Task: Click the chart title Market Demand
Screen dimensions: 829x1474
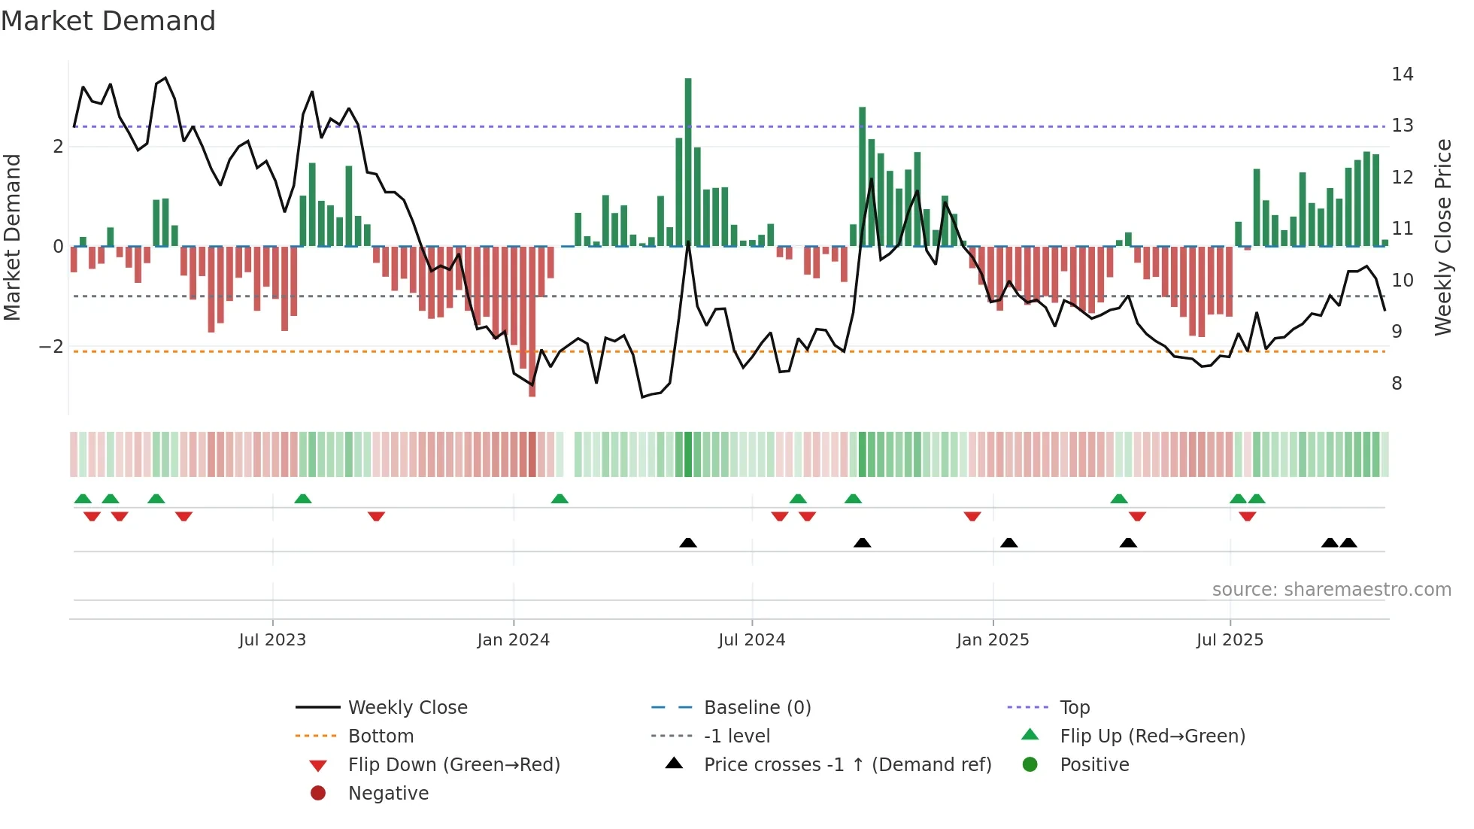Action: click(x=108, y=21)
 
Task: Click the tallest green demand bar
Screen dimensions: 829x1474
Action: click(x=688, y=162)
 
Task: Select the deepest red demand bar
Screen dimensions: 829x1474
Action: click(x=532, y=321)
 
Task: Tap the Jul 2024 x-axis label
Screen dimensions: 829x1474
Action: click(x=751, y=640)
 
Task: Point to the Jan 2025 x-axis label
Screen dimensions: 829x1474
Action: click(x=993, y=640)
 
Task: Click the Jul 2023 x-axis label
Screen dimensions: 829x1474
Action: click(x=272, y=640)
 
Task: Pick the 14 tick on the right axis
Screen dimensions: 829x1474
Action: click(x=1402, y=74)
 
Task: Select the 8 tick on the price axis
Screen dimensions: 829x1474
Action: click(x=1397, y=384)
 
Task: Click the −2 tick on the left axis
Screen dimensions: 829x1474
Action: click(x=51, y=347)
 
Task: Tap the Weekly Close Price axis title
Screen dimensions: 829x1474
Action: click(x=1442, y=237)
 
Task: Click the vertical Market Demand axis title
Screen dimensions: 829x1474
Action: click(x=13, y=237)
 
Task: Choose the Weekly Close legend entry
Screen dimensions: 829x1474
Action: click(x=407, y=708)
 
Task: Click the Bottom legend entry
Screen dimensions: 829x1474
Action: click(x=381, y=736)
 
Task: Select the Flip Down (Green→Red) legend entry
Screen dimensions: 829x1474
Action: click(x=453, y=765)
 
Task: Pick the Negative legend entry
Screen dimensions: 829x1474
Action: click(x=388, y=794)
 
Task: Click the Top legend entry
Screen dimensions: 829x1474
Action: click(x=1074, y=708)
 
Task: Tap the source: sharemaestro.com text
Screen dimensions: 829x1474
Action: click(x=1331, y=590)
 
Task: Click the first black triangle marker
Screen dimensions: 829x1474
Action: click(x=688, y=542)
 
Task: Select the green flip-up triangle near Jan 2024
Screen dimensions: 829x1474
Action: click(x=560, y=499)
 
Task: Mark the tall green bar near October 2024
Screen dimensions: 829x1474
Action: click(x=863, y=177)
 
